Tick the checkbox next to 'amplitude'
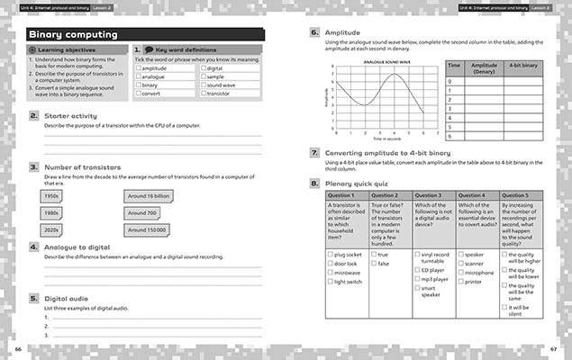tap(138, 68)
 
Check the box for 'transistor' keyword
tap(204, 93)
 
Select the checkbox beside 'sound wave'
tap(204, 85)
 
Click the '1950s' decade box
tap(52, 195)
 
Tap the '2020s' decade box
tap(52, 229)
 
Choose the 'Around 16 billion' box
tap(149, 195)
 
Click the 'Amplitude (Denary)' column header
tap(485, 68)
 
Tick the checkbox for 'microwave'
tap(330, 272)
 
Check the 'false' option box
tap(373, 264)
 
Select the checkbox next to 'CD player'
tap(417, 269)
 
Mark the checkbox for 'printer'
tap(461, 281)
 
